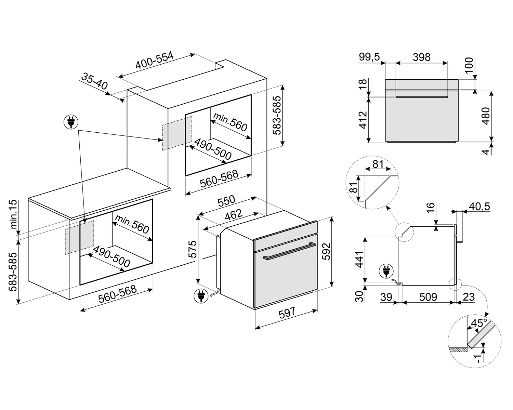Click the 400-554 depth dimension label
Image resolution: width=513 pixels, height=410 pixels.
click(x=155, y=61)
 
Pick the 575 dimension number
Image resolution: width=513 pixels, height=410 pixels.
click(x=193, y=249)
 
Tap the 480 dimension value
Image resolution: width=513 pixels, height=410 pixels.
click(x=486, y=116)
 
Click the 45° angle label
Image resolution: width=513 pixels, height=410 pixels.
click(x=479, y=323)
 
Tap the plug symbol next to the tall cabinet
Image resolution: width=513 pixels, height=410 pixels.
click(x=71, y=121)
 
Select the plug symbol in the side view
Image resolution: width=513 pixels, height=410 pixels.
click(x=386, y=272)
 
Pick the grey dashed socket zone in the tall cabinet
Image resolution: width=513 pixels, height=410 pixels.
click(x=176, y=133)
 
